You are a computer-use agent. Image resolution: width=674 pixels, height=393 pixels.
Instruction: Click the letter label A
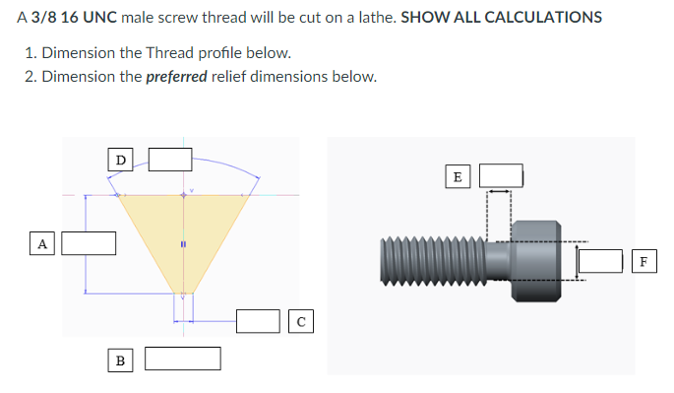tap(41, 242)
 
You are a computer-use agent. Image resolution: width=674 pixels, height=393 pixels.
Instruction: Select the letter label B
tap(120, 360)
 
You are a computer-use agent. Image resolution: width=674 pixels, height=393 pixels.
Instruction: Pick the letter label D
tap(120, 159)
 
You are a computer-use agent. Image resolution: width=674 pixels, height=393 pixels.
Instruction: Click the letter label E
tap(457, 176)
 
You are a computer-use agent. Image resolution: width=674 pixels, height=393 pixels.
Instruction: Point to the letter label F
tap(643, 261)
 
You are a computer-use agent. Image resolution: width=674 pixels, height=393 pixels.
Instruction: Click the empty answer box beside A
tap(90, 242)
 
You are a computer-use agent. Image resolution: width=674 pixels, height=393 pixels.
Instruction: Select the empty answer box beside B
tap(182, 359)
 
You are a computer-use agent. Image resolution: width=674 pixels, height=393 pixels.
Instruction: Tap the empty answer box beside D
tap(169, 159)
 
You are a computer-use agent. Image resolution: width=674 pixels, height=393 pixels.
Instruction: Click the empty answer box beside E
tap(500, 176)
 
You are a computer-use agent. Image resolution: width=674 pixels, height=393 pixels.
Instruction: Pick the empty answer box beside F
tap(600, 261)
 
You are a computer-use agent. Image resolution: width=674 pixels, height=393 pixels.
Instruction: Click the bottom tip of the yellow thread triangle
tap(182, 293)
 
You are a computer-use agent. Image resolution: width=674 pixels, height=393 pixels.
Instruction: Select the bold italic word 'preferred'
tap(176, 77)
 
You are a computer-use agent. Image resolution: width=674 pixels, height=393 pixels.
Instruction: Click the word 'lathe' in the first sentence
tap(377, 18)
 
